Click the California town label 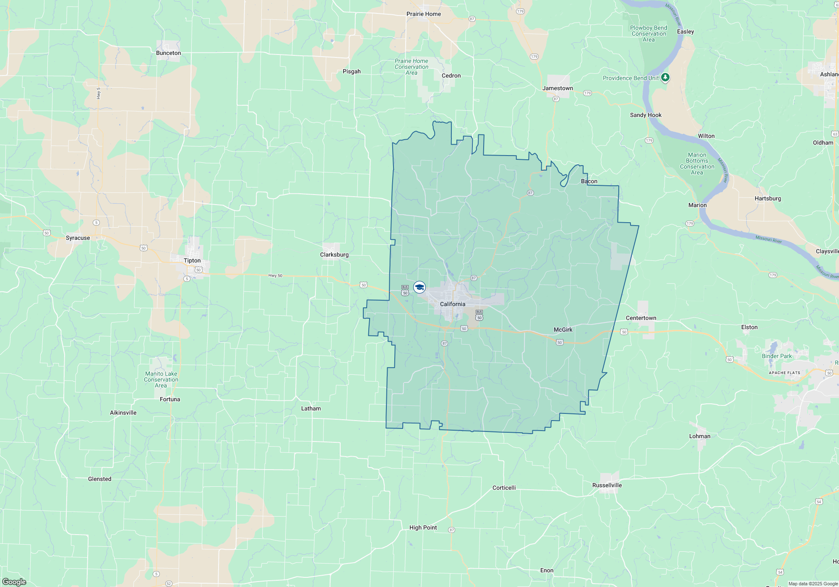click(x=452, y=304)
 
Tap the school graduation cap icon click(x=419, y=287)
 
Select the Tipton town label click(x=192, y=260)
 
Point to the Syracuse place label click(x=78, y=238)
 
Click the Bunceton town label click(x=168, y=53)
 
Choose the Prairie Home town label click(x=423, y=14)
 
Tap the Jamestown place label click(x=557, y=88)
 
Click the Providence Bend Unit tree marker click(x=665, y=78)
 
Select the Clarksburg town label click(x=334, y=255)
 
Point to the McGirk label click(x=563, y=330)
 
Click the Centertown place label click(x=641, y=318)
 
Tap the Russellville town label click(x=607, y=485)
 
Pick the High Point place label click(x=423, y=527)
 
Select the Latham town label click(x=311, y=408)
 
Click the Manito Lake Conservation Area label click(x=161, y=379)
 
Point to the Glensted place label click(x=99, y=479)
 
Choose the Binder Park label click(x=776, y=356)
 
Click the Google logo click(x=14, y=582)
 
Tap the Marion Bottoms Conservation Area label click(x=697, y=164)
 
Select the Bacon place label click(x=589, y=181)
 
